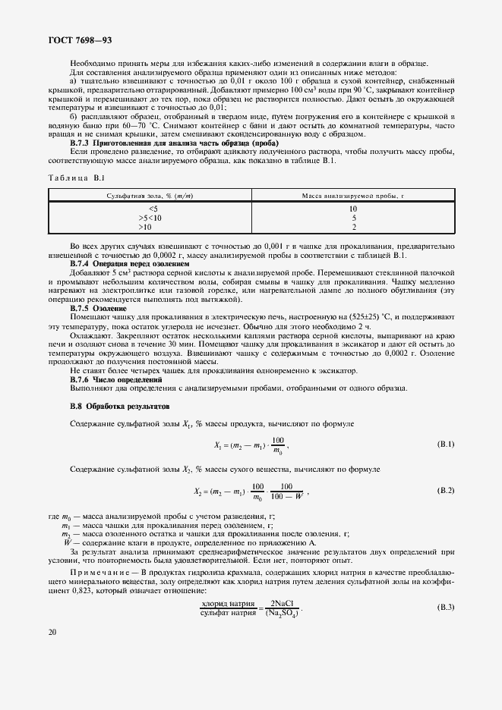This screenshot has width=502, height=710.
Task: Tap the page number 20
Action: point(52,631)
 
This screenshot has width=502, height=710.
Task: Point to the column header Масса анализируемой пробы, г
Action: point(352,196)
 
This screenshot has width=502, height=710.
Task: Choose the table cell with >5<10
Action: point(152,218)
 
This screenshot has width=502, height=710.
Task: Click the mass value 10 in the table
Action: point(352,209)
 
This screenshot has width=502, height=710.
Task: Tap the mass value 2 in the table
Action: point(352,227)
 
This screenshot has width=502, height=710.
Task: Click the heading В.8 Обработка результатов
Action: point(117,406)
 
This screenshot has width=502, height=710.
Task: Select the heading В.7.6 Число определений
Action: point(116,379)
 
